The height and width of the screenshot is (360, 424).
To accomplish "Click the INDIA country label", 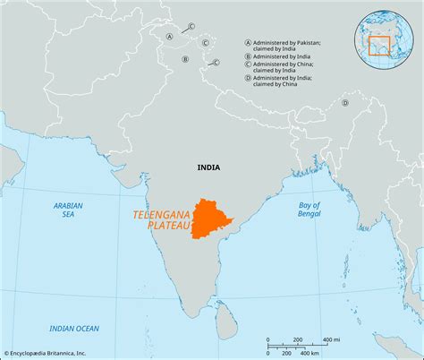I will pos(209,167).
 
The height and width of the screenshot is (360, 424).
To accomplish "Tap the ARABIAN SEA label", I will pos(67,210).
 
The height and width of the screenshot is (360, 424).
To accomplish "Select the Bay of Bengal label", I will pos(310,210).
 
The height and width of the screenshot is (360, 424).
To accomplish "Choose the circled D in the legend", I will pos(248,87).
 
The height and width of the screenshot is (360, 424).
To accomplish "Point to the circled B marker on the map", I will pos(185,59).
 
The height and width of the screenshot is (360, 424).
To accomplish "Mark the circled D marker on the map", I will pos(343,102).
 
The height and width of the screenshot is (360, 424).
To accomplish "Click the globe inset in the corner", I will pos(387,35).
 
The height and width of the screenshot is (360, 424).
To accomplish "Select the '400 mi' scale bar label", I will pos(331,339).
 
